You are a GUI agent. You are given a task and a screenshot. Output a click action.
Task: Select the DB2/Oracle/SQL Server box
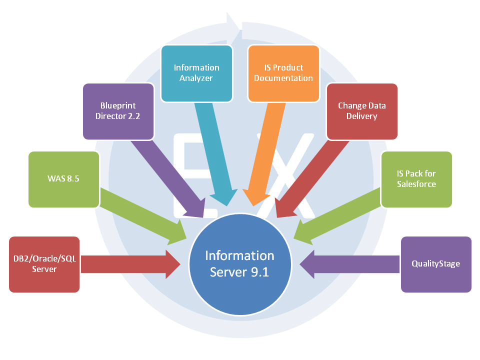(x=44, y=264)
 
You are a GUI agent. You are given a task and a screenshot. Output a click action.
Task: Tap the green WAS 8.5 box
(x=64, y=179)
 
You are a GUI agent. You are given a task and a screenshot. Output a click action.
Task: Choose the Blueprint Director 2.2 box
(x=118, y=111)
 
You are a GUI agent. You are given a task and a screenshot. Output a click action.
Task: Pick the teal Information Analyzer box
(x=196, y=73)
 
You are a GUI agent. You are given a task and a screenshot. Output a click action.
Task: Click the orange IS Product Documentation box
(x=283, y=73)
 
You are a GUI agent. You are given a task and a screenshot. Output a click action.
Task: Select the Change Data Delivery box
(x=361, y=111)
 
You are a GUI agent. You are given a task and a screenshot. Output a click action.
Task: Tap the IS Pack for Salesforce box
(x=416, y=179)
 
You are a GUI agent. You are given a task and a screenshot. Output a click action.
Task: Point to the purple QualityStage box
(x=436, y=264)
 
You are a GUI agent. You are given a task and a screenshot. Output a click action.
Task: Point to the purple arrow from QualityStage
(x=350, y=264)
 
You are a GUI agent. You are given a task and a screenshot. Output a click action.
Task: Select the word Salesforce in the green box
(x=416, y=184)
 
